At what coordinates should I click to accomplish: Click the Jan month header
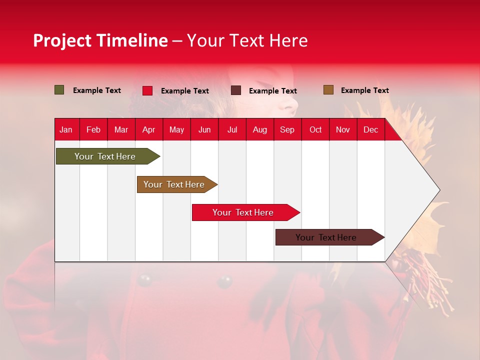tap(66, 130)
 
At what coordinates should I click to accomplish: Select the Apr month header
tap(149, 130)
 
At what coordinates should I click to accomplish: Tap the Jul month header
tap(232, 130)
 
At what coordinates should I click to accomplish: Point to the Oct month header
tap(315, 130)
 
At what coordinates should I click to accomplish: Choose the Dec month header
tap(370, 130)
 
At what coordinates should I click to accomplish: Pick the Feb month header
tap(93, 130)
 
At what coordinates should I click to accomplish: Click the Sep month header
tap(287, 130)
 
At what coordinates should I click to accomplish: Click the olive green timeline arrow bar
tap(108, 156)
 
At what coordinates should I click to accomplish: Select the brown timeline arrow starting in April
tap(177, 184)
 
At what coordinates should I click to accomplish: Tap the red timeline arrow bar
tap(246, 212)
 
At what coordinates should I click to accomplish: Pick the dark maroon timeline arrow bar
tap(330, 237)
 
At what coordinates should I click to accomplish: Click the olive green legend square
tap(59, 90)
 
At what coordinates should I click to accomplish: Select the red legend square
tap(147, 90)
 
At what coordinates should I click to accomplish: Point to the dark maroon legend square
tap(235, 90)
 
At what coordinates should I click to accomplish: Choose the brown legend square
tap(328, 90)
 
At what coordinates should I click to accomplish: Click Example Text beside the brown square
tap(365, 90)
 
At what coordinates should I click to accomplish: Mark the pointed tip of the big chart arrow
tap(440, 190)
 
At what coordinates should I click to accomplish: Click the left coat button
tap(144, 280)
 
